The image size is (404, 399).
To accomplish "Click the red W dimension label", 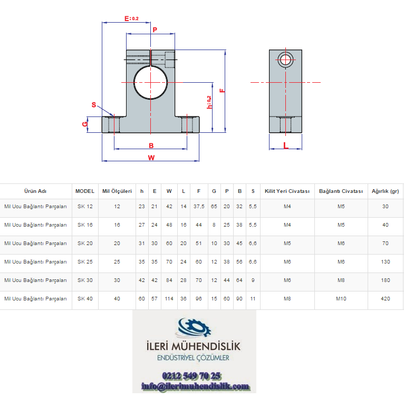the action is point(151,158).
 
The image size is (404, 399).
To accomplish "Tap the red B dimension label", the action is point(151,145).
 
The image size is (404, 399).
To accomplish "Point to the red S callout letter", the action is point(94,105).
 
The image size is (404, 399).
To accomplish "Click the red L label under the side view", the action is point(286,145).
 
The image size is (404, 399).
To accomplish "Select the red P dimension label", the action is point(155,30).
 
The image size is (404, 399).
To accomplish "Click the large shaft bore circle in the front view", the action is point(134,82).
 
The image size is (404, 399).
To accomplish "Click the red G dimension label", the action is point(85,124).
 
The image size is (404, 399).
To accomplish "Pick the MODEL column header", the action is point(85,191).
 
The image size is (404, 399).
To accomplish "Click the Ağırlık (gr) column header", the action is point(385,191).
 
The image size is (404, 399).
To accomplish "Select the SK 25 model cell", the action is point(85,262).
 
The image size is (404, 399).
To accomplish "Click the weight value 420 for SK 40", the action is point(386,299).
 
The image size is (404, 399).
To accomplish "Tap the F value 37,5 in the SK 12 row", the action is point(199,207).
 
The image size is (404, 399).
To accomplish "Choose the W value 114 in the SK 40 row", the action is point(169,299).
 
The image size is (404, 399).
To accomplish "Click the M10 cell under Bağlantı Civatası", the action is point(341,299).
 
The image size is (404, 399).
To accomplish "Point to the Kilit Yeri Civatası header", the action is point(287,191).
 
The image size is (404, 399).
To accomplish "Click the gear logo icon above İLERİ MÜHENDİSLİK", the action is point(193,327).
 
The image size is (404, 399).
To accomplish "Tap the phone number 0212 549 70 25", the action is point(191,376).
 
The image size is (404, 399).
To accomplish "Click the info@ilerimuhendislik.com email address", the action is point(196,386).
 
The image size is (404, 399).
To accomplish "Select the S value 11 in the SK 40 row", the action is point(253,299).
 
